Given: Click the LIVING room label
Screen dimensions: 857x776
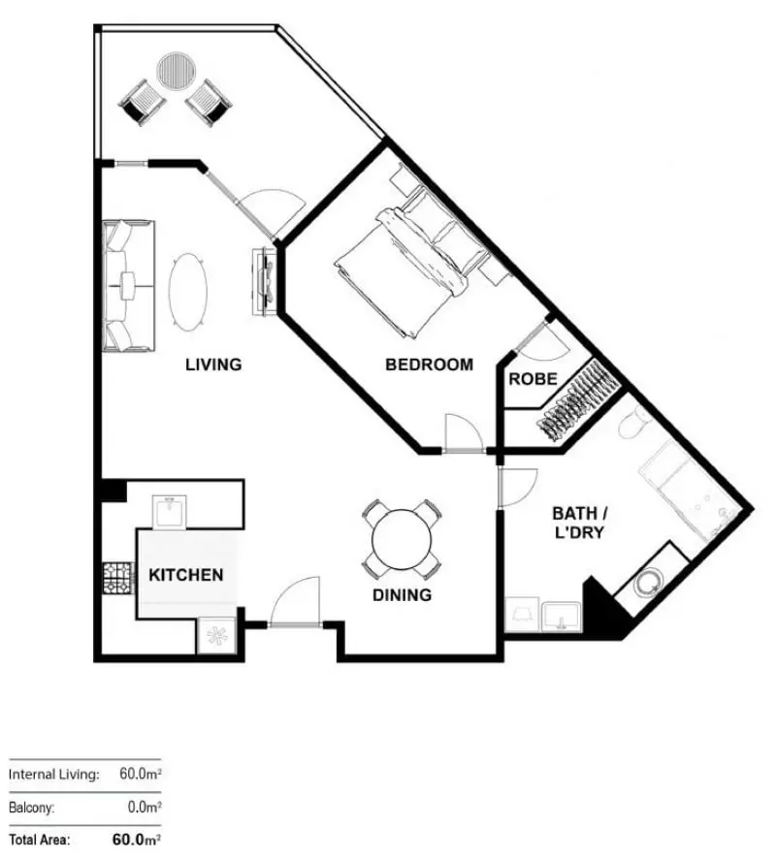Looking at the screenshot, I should tap(213, 365).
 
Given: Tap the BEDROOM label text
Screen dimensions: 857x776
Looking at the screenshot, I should tap(429, 365).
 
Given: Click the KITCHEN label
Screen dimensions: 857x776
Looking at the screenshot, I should tap(185, 575).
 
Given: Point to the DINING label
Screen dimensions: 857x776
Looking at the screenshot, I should tap(402, 595).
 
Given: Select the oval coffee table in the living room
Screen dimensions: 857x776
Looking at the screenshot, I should tap(188, 291).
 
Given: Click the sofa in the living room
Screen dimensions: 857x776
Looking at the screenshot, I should tap(126, 285).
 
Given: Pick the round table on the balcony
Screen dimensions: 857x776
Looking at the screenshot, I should tap(178, 70).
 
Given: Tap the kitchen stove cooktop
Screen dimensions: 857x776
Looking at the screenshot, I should tap(116, 579).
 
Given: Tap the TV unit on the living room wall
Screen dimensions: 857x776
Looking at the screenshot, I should tap(264, 281).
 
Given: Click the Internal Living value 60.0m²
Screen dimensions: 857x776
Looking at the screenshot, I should tap(140, 775).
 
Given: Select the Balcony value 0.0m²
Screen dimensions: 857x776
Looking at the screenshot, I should tap(143, 807).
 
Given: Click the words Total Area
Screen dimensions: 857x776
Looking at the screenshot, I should tap(39, 840).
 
